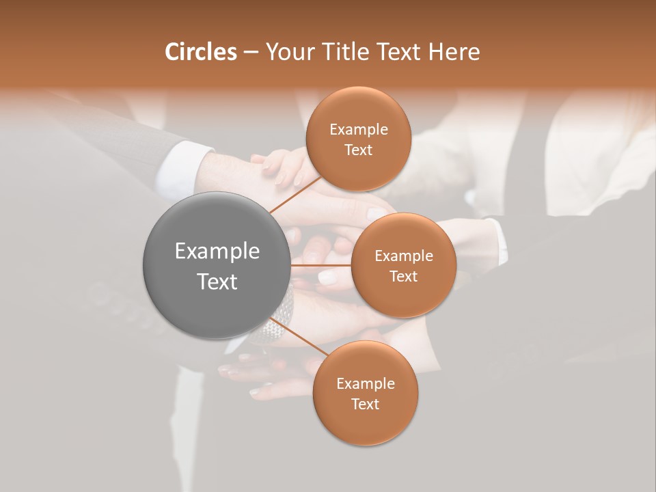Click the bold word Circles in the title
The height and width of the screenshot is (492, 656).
200,51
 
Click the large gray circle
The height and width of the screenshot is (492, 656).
217,266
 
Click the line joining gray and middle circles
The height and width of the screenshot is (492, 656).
321,265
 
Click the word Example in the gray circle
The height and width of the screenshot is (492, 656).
217,251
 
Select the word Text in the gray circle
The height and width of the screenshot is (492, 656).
217,282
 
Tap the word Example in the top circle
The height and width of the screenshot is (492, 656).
359,130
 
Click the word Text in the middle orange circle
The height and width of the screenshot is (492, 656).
403,276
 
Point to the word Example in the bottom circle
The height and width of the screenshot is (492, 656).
365,384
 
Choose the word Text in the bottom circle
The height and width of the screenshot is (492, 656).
365,404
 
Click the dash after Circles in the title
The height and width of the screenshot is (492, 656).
250,52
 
